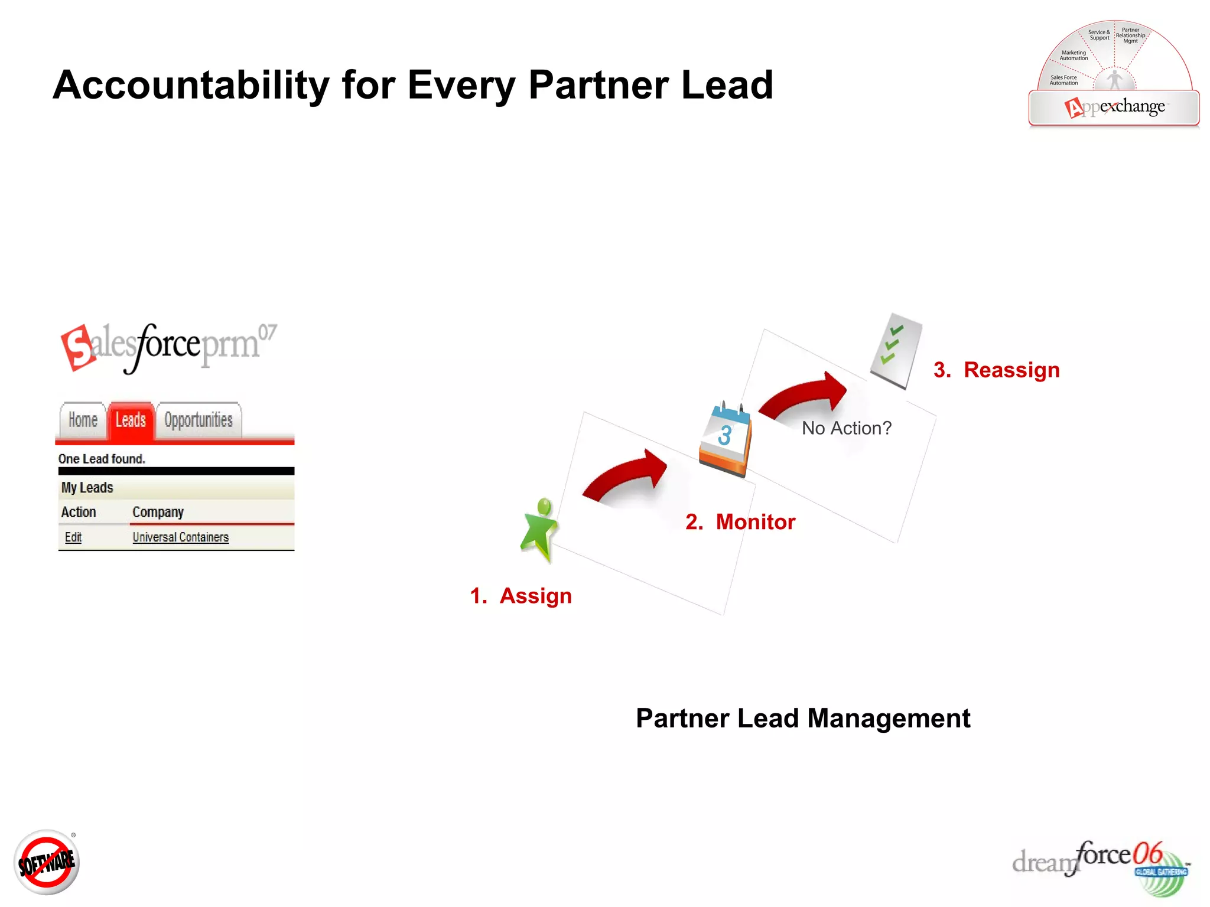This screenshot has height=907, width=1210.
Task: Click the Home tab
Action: click(83, 420)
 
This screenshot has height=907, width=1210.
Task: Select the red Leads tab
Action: click(131, 420)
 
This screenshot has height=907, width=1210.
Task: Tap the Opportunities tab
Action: click(199, 420)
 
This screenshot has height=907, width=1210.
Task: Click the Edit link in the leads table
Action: click(73, 537)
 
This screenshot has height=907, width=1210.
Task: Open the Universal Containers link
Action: click(180, 537)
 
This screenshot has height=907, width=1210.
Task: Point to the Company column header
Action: click(158, 512)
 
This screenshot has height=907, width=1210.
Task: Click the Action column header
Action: click(79, 512)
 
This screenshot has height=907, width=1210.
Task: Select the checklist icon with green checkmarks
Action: click(896, 351)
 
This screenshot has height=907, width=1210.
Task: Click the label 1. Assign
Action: click(521, 596)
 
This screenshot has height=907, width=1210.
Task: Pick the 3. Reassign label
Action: click(996, 370)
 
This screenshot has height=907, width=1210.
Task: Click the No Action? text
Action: click(846, 428)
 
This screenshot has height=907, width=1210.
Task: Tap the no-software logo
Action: click(46, 863)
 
